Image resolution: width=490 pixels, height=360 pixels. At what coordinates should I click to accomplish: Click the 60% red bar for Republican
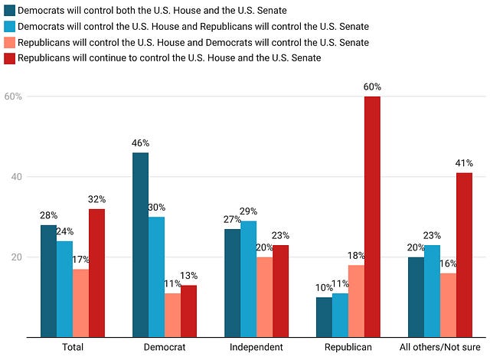click(372, 217)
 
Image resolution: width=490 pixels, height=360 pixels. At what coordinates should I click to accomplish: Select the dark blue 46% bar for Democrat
click(141, 245)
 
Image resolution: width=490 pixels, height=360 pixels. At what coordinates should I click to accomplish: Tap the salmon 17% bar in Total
click(80, 303)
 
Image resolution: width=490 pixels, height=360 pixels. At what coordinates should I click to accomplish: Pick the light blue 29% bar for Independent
click(248, 279)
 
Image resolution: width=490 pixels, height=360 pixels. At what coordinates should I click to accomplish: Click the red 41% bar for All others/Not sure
click(464, 255)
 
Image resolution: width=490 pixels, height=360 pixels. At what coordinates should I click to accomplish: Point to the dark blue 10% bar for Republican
click(324, 317)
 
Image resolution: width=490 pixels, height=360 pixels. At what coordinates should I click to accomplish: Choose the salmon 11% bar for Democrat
click(172, 316)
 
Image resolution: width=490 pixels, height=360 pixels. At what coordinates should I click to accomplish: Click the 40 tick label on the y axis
click(17, 177)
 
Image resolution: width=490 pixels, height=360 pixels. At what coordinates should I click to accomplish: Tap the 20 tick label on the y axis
click(17, 257)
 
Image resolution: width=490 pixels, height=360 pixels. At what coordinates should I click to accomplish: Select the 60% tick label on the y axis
click(13, 97)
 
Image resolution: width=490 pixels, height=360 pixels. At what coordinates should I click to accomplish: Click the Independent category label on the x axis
click(256, 347)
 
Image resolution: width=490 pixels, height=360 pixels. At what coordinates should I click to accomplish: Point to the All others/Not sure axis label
click(440, 347)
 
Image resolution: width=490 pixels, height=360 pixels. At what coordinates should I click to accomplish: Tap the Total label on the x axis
click(73, 347)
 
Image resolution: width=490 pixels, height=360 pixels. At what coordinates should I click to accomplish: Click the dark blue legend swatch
click(10, 10)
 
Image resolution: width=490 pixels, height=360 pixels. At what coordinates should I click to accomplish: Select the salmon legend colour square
click(10, 42)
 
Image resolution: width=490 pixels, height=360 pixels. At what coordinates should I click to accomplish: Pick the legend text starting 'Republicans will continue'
click(169, 57)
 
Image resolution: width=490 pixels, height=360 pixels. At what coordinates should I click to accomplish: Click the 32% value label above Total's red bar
click(97, 199)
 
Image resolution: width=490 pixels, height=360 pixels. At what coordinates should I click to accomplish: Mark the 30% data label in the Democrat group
click(156, 207)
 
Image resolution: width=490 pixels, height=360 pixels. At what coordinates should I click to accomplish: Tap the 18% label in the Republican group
click(356, 256)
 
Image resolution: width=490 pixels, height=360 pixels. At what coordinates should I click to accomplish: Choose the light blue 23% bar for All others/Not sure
click(432, 291)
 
